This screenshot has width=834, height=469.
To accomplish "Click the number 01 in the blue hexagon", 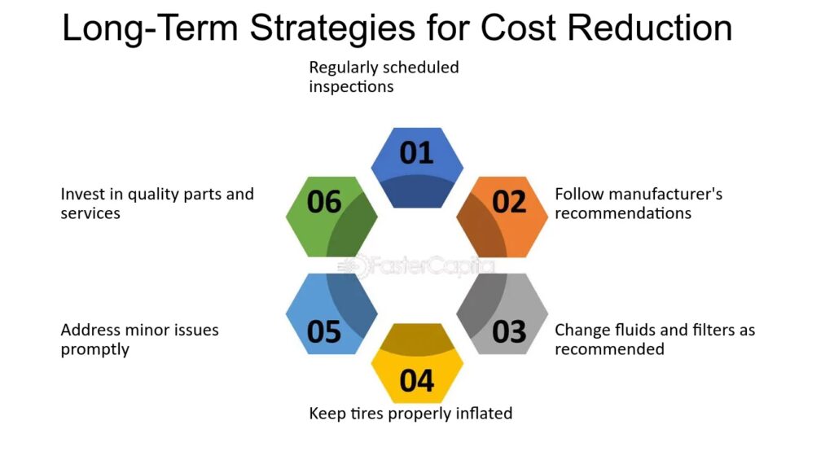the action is [x=416, y=153].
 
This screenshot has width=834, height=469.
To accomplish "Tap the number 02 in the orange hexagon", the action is [x=509, y=202].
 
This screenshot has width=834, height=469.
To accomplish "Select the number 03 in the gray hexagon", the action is [x=509, y=332].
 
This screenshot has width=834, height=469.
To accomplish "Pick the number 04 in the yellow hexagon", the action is [x=416, y=381].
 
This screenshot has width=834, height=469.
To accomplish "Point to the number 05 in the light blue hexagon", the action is [x=324, y=332].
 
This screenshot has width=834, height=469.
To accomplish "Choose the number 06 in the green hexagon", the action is [x=324, y=202].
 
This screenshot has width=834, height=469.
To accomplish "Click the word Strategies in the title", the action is [x=332, y=28].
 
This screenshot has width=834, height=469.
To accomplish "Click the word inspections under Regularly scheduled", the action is [x=351, y=86].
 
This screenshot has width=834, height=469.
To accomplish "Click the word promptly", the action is [x=94, y=350].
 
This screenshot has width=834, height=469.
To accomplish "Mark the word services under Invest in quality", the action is [x=90, y=213].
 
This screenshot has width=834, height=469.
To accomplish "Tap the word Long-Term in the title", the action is [x=150, y=28].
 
